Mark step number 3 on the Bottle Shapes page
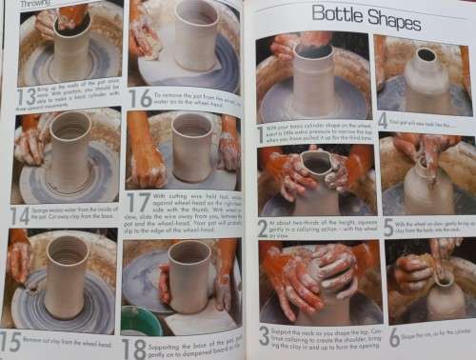[x=264, y=335]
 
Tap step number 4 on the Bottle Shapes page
[x=383, y=121]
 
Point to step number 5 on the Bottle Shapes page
[x=387, y=227]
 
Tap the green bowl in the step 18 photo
[x=140, y=319]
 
